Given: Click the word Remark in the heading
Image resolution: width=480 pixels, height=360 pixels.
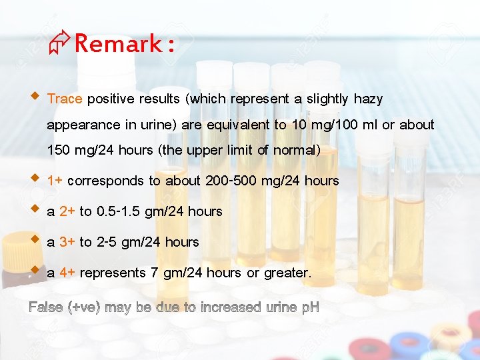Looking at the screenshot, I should click(118, 44).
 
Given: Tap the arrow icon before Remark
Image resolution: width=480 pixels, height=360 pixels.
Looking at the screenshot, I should click(58, 45).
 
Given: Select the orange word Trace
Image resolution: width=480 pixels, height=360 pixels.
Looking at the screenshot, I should click(65, 99).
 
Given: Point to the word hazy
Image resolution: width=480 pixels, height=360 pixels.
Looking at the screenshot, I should click(368, 99).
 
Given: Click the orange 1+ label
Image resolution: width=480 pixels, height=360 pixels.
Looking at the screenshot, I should click(55, 181).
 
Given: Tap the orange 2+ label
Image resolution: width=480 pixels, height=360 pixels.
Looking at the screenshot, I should click(67, 211).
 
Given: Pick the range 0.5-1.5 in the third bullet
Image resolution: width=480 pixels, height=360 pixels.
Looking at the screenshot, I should click(122, 211).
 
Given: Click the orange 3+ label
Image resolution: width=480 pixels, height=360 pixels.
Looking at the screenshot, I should click(67, 242).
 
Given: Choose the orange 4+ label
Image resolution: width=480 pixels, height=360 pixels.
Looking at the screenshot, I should click(67, 273).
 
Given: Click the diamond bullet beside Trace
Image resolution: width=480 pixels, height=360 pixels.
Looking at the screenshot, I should click(35, 97).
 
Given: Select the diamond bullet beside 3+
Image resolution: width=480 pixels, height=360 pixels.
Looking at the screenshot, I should click(35, 239).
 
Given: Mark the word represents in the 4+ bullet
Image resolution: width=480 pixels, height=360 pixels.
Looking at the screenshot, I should click(112, 273).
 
